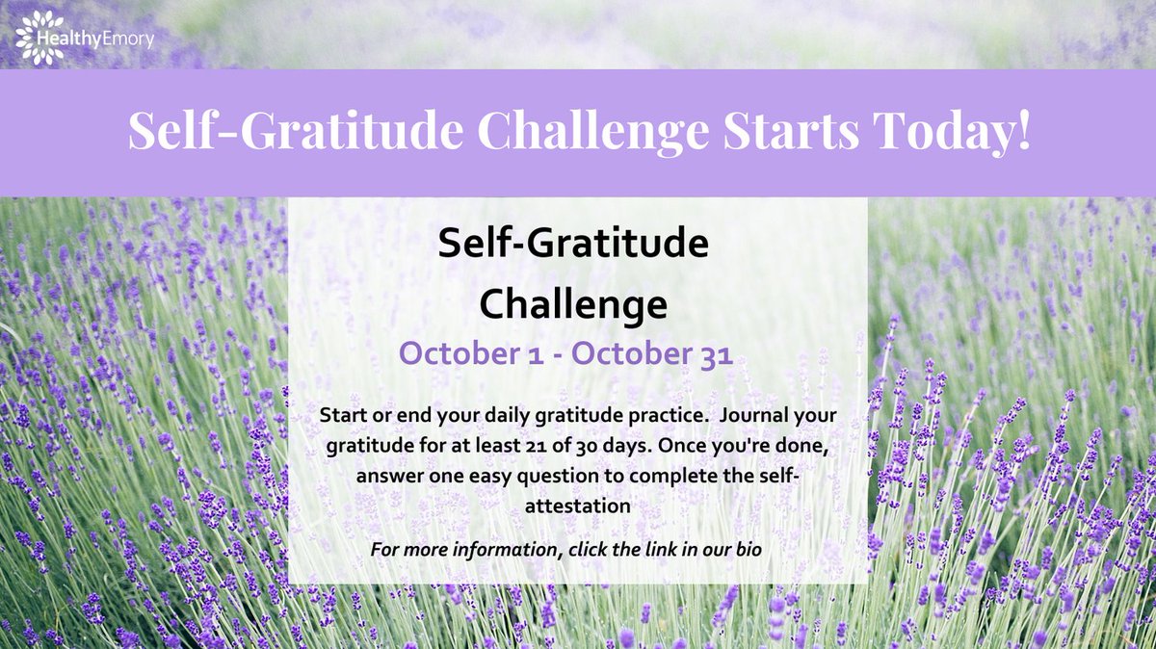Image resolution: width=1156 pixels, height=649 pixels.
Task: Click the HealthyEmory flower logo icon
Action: pos(39,38)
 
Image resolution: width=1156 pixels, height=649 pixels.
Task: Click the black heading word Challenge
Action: pos(573,305)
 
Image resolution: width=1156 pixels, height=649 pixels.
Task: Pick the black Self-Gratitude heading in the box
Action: pos(573,246)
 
